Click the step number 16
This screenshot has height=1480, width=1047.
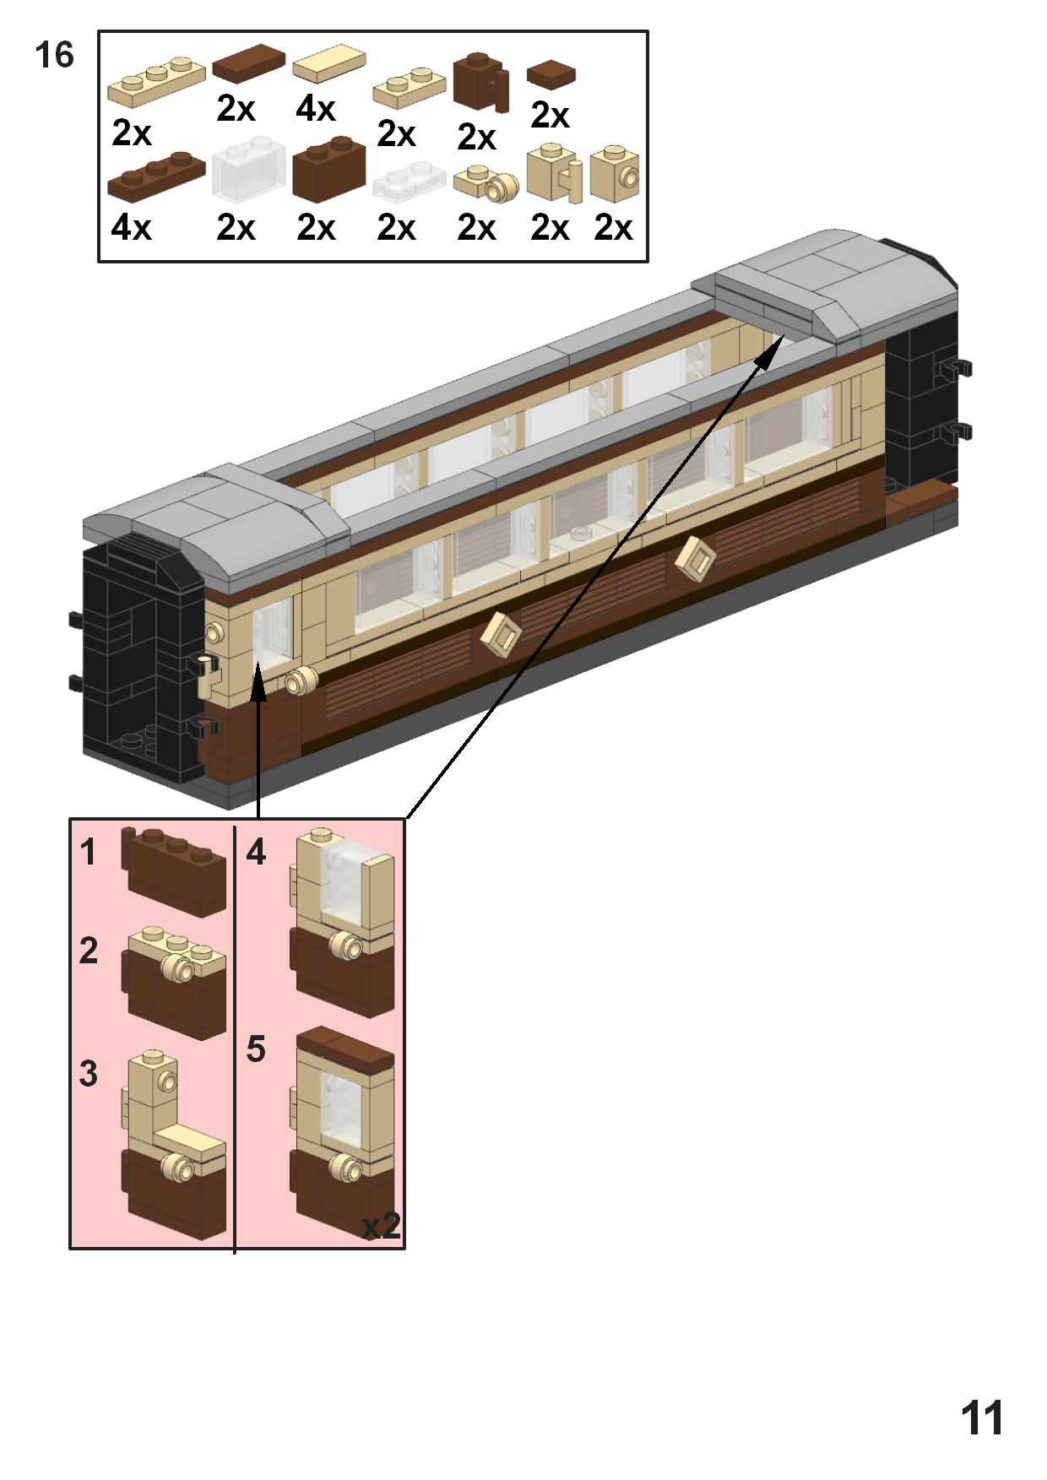click(54, 56)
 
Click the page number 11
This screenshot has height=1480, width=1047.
click(982, 1418)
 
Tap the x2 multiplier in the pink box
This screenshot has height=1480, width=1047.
click(381, 1226)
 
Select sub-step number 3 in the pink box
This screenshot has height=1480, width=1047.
click(89, 1074)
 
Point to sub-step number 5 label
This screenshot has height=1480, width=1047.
click(256, 1049)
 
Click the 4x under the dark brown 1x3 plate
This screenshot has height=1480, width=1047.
click(131, 227)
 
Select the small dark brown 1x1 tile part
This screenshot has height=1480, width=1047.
click(551, 74)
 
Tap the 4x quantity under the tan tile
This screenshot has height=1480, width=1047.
click(316, 109)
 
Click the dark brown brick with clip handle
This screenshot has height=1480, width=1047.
click(480, 83)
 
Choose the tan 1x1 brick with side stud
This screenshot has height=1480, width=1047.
click(615, 174)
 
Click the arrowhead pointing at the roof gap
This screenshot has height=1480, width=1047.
click(770, 353)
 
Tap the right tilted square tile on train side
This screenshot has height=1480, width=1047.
click(696, 558)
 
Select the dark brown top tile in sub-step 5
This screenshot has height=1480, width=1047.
click(344, 1047)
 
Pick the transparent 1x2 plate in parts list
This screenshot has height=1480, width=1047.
click(409, 182)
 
